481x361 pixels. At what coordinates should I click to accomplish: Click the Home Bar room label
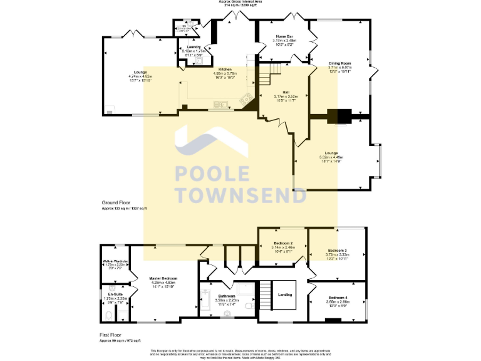pyautogui.click(x=283, y=36)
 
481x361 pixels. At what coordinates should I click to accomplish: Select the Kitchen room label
pyautogui.click(x=225, y=70)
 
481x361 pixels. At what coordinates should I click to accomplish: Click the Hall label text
pyautogui.click(x=286, y=92)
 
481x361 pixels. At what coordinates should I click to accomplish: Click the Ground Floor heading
pyautogui.click(x=116, y=203)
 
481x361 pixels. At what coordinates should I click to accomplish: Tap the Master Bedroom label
pyautogui.click(x=163, y=278)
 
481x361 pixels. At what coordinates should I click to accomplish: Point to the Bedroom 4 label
pyautogui.click(x=337, y=298)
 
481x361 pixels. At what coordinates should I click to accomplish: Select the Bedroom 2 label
pyautogui.click(x=283, y=243)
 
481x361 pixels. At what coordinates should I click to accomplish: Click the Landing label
pyautogui.click(x=285, y=295)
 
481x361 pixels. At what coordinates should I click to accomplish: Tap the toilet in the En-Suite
pyautogui.click(x=109, y=315)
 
